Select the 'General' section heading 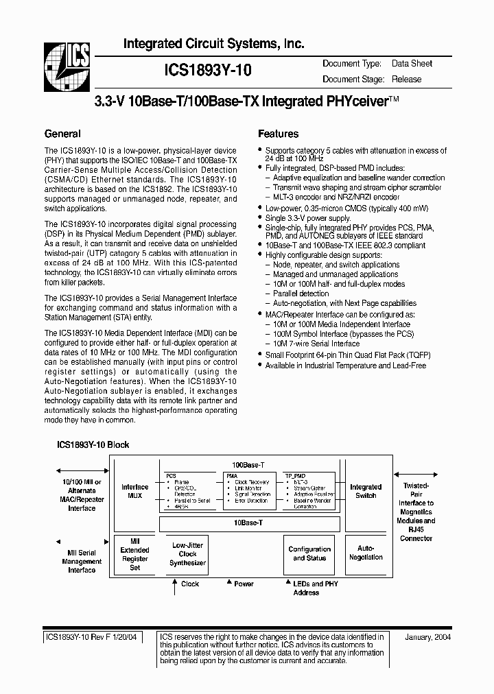(x=62, y=134)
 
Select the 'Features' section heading (x=278, y=134)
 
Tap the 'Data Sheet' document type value (x=412, y=63)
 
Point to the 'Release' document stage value (x=407, y=79)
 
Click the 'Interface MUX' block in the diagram (x=134, y=491)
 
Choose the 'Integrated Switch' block (x=366, y=491)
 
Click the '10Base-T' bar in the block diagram (x=250, y=523)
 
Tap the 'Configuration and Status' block (x=309, y=553)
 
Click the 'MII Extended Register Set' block (x=134, y=554)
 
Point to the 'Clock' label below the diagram (x=189, y=584)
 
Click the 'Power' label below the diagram (x=244, y=584)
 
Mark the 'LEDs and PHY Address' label (x=306, y=588)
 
